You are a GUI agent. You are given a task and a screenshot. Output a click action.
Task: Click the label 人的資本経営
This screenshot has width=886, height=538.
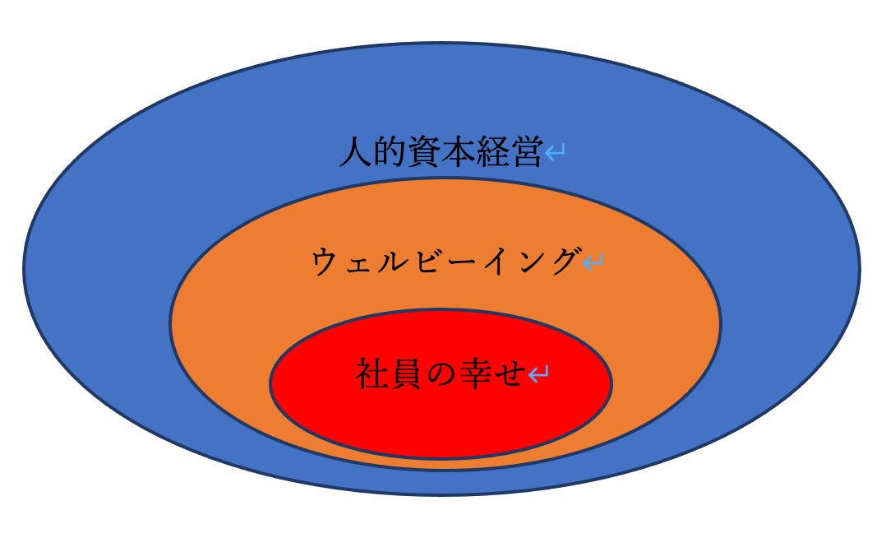[441, 153]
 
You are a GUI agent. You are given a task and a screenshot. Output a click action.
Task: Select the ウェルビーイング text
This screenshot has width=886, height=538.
[445, 262]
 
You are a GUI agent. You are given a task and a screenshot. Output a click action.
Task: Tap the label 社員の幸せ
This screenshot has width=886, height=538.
[441, 374]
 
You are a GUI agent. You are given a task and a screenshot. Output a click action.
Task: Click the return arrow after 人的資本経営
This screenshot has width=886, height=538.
[555, 153]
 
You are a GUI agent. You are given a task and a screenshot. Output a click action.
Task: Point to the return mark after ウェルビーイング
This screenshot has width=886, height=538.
[593, 263]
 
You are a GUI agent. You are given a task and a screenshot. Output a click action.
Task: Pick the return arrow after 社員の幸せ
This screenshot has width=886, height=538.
[538, 375]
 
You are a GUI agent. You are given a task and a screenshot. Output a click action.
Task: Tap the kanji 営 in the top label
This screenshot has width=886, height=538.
[525, 153]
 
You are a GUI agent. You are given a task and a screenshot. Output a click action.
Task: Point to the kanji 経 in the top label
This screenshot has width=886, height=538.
[491, 153]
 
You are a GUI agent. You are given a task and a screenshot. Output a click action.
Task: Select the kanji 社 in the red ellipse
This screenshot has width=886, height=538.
[372, 374]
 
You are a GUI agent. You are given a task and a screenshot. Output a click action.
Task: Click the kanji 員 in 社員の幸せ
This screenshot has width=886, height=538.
[406, 374]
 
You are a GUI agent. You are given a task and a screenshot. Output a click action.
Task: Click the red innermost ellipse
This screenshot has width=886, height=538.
[441, 420]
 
